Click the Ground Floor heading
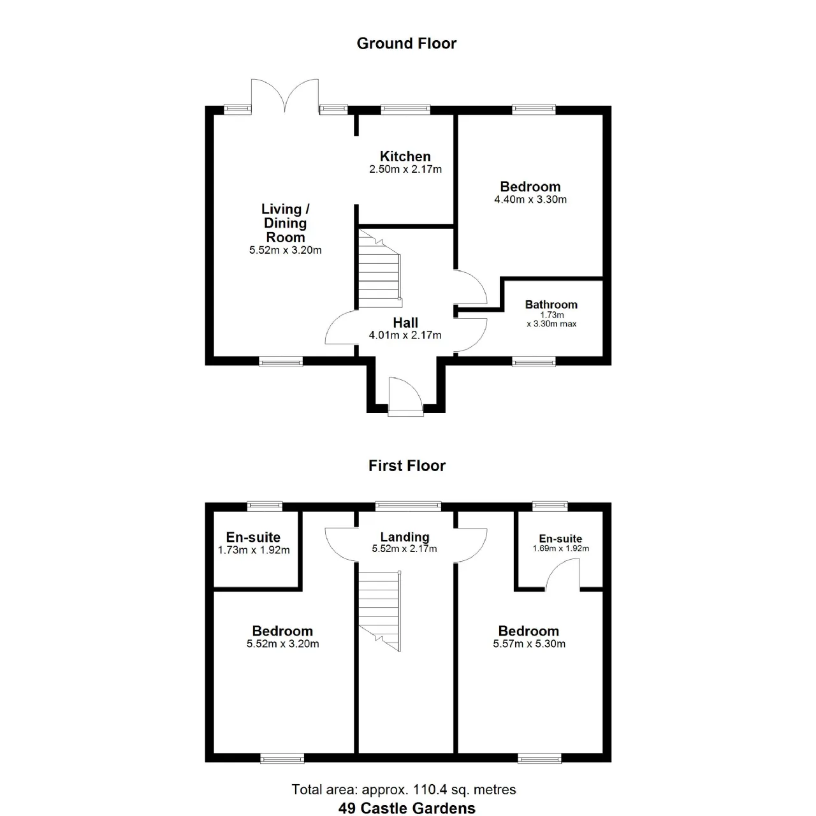point(407,43)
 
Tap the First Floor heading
point(407,466)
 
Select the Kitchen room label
point(405,156)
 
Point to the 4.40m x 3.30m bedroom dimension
point(530,200)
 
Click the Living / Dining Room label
point(286,222)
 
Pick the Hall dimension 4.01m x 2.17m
point(405,335)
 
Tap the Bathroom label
point(551,305)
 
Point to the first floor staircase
point(379,611)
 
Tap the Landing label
point(405,537)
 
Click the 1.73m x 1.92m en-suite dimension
point(254,550)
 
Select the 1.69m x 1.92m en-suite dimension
point(560,548)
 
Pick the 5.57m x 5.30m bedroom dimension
point(529,644)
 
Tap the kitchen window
point(405,110)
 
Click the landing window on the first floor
point(408,506)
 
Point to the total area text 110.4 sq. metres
point(465,790)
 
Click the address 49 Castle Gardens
point(407,808)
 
